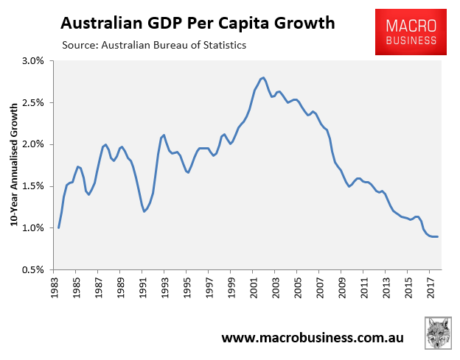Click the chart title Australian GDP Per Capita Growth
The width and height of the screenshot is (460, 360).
(x=198, y=23)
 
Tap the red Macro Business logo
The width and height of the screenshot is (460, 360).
(x=411, y=32)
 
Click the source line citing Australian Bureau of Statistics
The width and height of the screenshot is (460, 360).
(x=154, y=46)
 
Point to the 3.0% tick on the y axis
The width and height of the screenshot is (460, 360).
(x=35, y=60)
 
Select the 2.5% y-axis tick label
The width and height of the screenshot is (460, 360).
(x=35, y=102)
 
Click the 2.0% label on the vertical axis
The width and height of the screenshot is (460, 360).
(x=35, y=144)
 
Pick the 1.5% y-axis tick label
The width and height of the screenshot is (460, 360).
(x=35, y=186)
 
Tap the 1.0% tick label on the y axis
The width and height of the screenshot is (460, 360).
(x=35, y=228)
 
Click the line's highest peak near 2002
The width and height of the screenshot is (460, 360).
(x=262, y=77)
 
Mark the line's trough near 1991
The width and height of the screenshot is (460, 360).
(x=144, y=211)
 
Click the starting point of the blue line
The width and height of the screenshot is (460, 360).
(x=58, y=227)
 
